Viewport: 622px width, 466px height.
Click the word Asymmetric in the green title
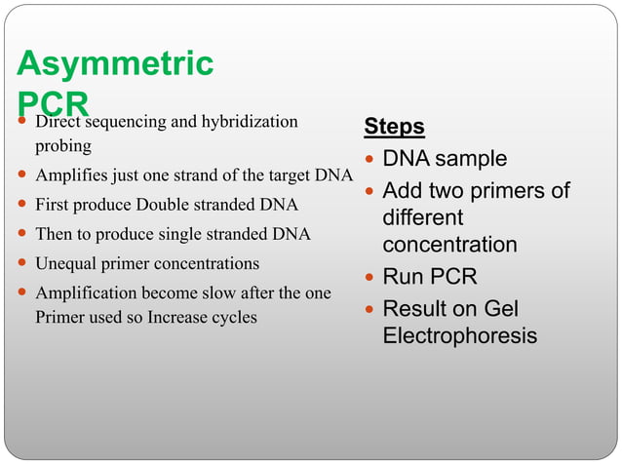[115, 64]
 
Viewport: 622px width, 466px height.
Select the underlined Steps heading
[394, 127]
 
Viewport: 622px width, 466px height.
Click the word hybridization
[250, 122]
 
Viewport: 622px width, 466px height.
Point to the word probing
[63, 145]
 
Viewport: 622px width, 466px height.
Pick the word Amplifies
[69, 175]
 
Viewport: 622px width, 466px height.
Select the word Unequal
[65, 263]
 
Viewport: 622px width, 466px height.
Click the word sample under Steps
[471, 159]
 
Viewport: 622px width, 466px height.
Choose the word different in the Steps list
[422, 217]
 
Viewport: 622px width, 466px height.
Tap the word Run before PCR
[404, 277]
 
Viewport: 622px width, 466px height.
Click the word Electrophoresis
[459, 336]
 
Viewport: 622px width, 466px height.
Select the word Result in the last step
[417, 309]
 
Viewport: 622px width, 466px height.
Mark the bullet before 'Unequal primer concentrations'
[22, 264]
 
